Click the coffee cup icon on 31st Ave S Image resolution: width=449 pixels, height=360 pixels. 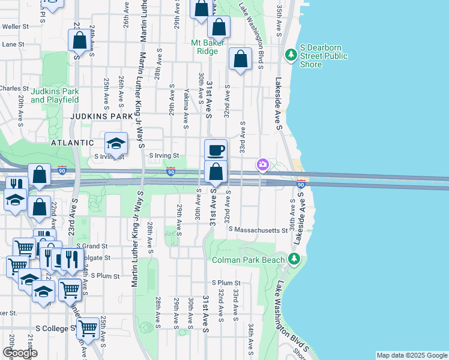coord(215,150)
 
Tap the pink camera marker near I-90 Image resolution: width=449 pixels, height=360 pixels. coord(262,164)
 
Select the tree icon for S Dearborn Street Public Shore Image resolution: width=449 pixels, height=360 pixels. coord(291,55)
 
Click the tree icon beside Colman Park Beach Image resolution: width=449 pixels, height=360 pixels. coord(294,259)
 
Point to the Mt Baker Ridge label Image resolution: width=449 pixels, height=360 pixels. coord(208,47)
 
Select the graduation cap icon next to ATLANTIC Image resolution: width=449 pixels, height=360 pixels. coord(116,143)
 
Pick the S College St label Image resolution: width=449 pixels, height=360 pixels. coord(56,328)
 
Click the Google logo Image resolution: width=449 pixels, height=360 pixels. coord(20,353)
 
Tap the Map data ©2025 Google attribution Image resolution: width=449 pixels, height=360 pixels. coord(412,355)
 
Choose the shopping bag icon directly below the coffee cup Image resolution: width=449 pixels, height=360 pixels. coord(215,173)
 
